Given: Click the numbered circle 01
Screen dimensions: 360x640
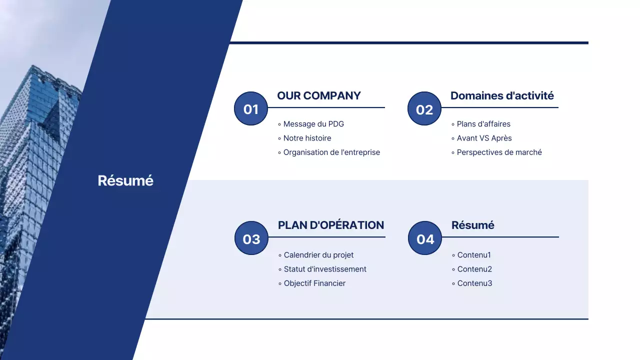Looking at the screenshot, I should (x=251, y=108).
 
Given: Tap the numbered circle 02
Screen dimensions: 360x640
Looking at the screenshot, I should (x=424, y=108).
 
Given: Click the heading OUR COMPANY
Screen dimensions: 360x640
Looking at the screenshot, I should (x=319, y=95).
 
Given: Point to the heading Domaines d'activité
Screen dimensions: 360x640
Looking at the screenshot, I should (x=502, y=95).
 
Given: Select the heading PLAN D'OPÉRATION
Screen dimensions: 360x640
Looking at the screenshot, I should (x=331, y=225).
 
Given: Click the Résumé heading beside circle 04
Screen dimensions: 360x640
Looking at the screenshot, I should (x=472, y=225).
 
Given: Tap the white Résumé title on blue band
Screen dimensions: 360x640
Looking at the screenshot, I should (x=125, y=180).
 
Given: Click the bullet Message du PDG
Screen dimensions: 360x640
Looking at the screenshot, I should (x=313, y=124).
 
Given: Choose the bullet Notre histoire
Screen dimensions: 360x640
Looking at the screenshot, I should (x=307, y=138).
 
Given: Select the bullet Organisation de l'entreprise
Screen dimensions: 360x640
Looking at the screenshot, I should (x=331, y=152).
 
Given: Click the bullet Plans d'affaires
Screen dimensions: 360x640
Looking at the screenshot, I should (x=483, y=124).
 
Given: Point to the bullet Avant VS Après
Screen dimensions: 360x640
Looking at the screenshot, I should (x=484, y=138).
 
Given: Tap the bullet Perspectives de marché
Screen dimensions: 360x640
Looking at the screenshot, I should (x=499, y=152).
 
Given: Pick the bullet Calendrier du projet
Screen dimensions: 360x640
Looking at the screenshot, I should (x=318, y=255).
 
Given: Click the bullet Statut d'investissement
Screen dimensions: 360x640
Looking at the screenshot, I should (x=325, y=269).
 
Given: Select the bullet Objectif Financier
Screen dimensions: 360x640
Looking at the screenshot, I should (x=314, y=283).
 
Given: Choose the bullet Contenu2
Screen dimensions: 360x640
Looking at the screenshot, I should (x=474, y=269).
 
